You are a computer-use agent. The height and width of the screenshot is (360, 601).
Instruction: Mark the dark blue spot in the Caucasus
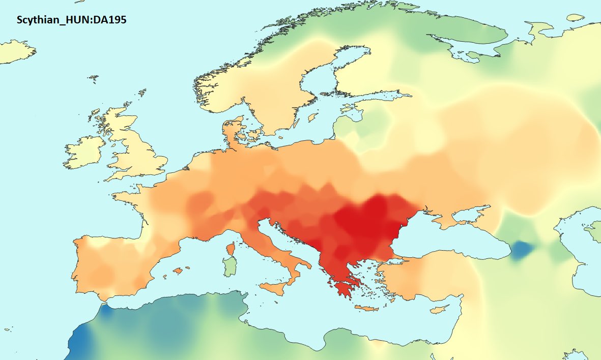tap(520, 250)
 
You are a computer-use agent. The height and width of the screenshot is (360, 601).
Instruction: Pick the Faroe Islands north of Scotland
tap(93, 78)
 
